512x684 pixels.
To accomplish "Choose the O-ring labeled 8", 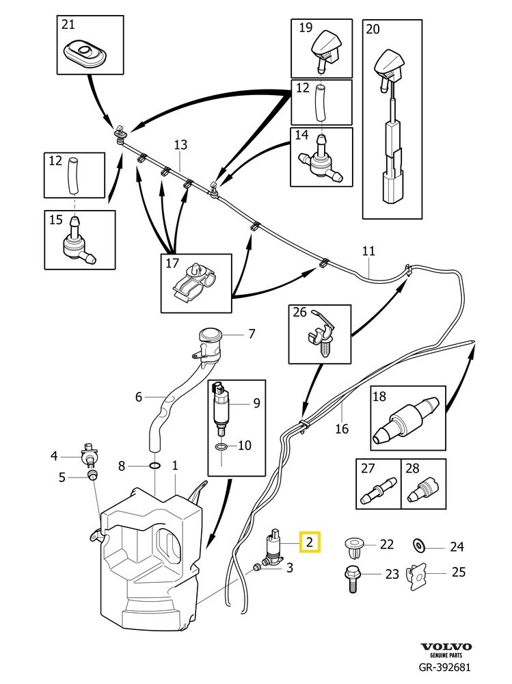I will tap(154, 466).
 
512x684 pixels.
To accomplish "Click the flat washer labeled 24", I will tap(418, 546).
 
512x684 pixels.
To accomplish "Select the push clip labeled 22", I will tap(353, 546).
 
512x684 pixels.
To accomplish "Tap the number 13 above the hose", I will tap(180, 145).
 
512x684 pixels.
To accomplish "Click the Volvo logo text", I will tap(445, 646).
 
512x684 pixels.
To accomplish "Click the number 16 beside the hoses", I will tap(342, 429).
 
